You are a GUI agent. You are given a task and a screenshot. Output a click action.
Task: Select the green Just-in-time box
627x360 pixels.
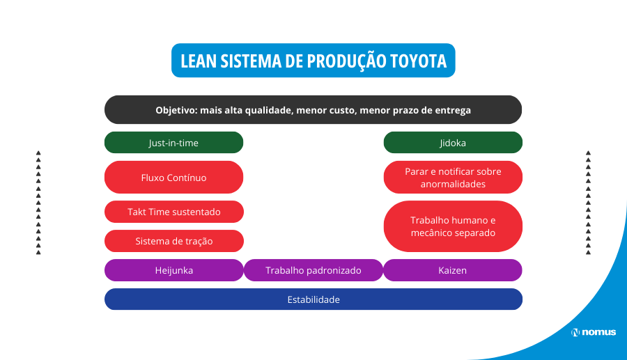pos(174,143)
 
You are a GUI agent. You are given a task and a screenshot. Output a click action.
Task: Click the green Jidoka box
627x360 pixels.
pos(453,143)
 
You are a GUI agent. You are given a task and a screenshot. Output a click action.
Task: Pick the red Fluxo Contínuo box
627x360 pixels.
pos(174,178)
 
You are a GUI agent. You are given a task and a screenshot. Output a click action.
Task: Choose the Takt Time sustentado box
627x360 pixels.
pos(174,212)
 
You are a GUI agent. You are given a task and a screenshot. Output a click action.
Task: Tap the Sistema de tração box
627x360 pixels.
pos(174,241)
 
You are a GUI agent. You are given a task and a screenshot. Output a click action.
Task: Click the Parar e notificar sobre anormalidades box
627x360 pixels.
pos(453,178)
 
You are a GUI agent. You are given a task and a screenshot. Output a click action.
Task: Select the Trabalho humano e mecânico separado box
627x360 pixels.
pos(453,226)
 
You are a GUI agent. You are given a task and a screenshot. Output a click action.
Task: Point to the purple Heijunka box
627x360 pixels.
pos(174,270)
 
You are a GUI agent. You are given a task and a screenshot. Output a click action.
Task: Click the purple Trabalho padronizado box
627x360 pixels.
pos(313,270)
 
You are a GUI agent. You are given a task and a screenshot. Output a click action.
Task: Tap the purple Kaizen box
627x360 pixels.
pos(453,270)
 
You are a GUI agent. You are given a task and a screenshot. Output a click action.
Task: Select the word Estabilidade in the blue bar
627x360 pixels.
pos(313,299)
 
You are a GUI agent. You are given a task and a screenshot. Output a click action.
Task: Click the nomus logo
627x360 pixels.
pos(594,332)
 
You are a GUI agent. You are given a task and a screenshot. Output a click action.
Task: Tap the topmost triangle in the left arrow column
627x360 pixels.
pos(38,153)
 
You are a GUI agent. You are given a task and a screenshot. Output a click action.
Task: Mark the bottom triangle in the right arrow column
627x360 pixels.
pos(588,252)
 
